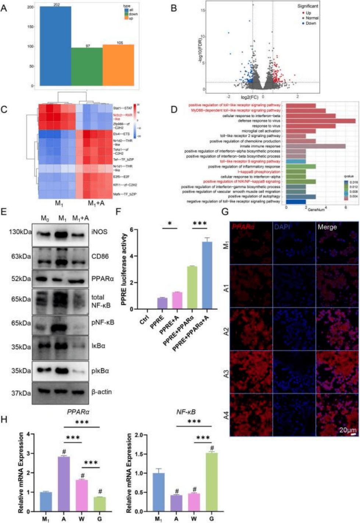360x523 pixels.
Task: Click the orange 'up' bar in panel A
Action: click(x=118, y=65)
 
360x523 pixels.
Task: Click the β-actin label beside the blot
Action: click(x=101, y=392)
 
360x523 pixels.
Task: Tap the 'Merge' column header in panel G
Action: click(x=327, y=227)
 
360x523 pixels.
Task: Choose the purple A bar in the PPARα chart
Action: click(x=64, y=483)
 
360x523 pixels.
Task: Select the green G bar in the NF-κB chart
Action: click(x=211, y=482)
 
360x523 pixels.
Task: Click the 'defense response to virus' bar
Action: click(x=320, y=121)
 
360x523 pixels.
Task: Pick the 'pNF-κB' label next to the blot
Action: click(x=103, y=323)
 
